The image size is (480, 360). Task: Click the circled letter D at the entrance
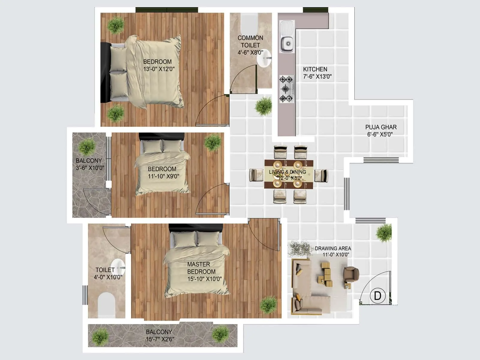[x=377, y=296]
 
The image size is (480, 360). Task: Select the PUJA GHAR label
[x=381, y=127]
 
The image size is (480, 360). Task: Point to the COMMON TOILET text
[x=250, y=41]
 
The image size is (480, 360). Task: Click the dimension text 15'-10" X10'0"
[x=205, y=279]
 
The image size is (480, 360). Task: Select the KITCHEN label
[x=315, y=69]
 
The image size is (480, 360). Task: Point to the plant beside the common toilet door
[x=264, y=106]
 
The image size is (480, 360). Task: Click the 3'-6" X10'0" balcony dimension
[x=90, y=168]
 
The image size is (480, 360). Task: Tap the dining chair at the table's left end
[x=256, y=175]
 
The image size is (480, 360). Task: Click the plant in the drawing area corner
[x=384, y=233]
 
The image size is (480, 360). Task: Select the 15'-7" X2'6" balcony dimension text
[x=160, y=339]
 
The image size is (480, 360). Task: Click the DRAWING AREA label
[x=333, y=248]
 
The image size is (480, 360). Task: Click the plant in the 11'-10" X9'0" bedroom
[x=213, y=142]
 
